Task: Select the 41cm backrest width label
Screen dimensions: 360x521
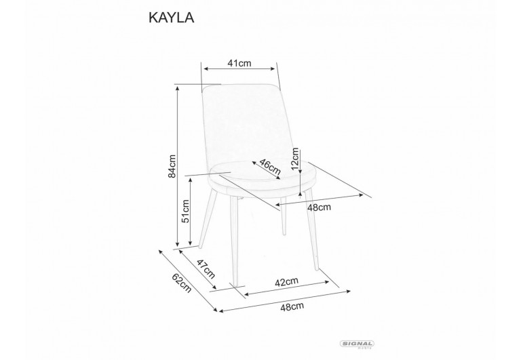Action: pyautogui.click(x=240, y=64)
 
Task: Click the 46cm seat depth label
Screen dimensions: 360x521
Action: pyautogui.click(x=270, y=167)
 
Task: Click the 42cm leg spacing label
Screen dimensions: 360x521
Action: pyautogui.click(x=287, y=281)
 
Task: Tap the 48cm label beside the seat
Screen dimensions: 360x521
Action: pyautogui.click(x=319, y=207)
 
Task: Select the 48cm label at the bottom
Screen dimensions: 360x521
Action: pyautogui.click(x=292, y=306)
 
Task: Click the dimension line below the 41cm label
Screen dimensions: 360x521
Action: pyautogui.click(x=240, y=69)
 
